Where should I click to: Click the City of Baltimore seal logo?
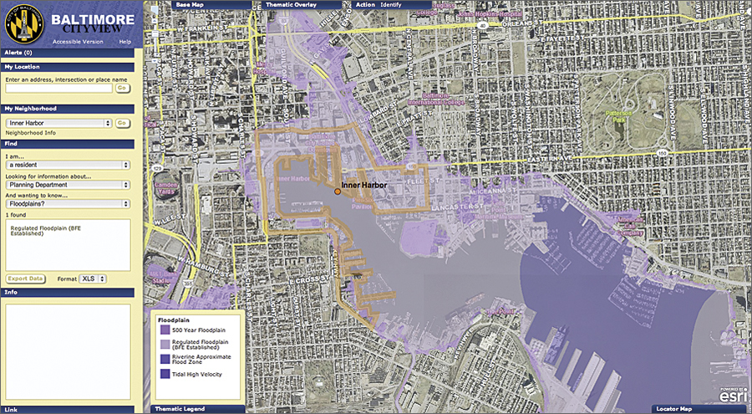click(24, 25)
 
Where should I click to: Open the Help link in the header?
click(124, 41)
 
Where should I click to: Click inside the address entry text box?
click(58, 88)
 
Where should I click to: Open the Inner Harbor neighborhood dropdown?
click(58, 123)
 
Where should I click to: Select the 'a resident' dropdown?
click(67, 165)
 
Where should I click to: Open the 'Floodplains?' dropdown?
click(67, 203)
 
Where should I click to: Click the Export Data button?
click(26, 279)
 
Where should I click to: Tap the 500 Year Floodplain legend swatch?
click(164, 331)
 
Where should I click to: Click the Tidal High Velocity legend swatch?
click(164, 373)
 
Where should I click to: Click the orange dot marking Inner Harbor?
click(338, 192)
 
